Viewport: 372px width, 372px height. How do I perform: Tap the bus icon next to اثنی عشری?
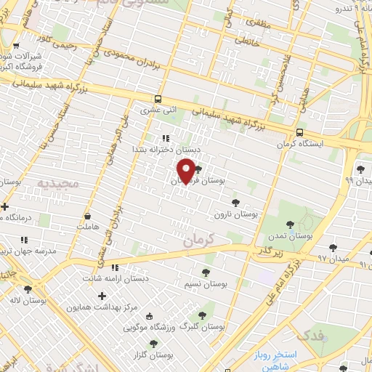158,99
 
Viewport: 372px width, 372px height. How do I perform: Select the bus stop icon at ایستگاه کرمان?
299,132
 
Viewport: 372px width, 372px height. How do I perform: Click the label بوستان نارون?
237,215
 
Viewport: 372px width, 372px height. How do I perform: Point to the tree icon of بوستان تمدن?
291,225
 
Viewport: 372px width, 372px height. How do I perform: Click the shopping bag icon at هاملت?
88,215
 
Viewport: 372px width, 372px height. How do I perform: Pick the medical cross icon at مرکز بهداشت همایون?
102,296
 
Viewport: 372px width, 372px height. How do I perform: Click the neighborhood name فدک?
311,336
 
